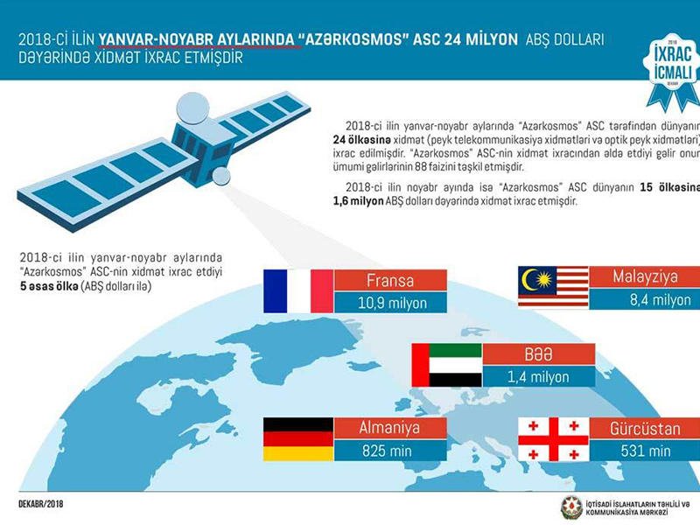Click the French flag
[x=298, y=291]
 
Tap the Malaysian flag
[x=553, y=287]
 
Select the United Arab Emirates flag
[x=447, y=365]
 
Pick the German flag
[x=298, y=439]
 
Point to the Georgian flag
[x=553, y=439]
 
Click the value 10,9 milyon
[x=392, y=303]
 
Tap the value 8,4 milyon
[x=661, y=299]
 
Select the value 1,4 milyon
[x=538, y=377]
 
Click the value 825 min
[x=387, y=451]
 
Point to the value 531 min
[x=646, y=451]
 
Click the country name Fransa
[x=390, y=280]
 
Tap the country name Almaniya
[x=389, y=428]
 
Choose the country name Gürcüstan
[x=645, y=429]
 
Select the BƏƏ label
[x=538, y=354]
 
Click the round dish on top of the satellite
[x=192, y=108]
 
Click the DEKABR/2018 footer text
[x=41, y=504]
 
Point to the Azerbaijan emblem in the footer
[x=572, y=507]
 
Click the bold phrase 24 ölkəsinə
[x=362, y=140]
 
